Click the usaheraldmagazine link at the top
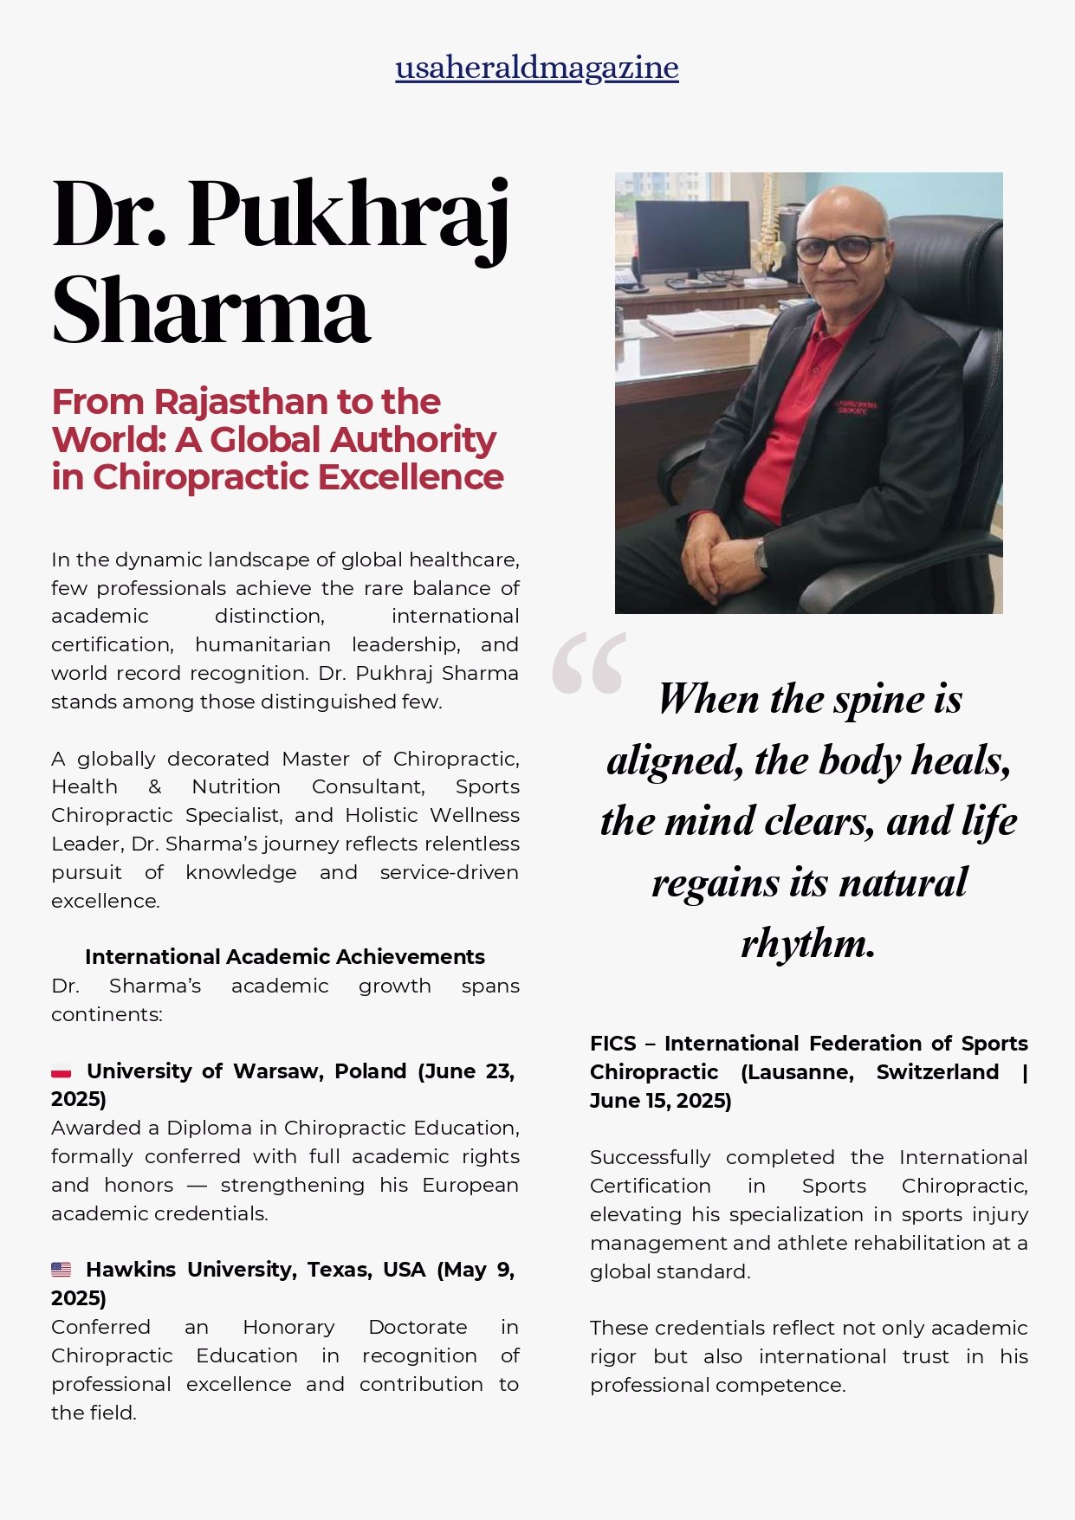click(x=536, y=68)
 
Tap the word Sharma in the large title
click(x=210, y=310)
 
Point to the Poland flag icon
click(x=61, y=1072)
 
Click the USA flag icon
click(x=61, y=1270)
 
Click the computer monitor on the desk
click(x=692, y=237)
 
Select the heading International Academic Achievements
click(x=284, y=957)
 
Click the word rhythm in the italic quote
click(x=807, y=943)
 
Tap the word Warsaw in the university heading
click(x=278, y=1071)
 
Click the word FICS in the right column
click(x=612, y=1044)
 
